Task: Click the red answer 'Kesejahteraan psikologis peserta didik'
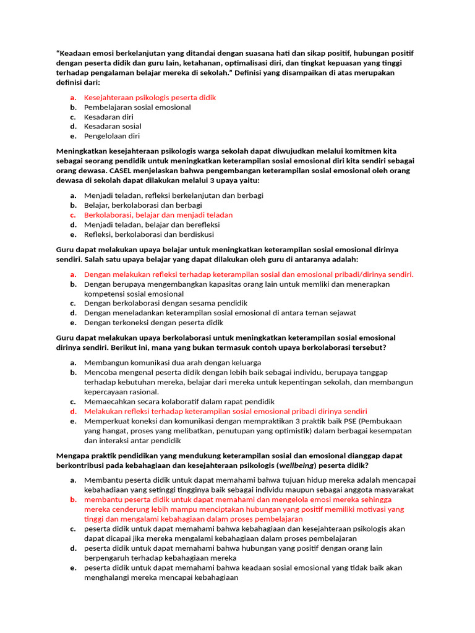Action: click(150, 98)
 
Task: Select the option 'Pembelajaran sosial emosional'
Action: click(137, 107)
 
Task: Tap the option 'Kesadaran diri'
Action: click(108, 117)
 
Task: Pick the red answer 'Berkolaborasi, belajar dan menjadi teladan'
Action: click(158, 215)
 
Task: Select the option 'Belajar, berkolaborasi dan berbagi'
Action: click(143, 205)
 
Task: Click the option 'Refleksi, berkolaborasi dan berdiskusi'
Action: click(149, 234)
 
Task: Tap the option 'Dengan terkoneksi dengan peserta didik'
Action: click(153, 322)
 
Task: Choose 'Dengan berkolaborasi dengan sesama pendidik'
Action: click(165, 303)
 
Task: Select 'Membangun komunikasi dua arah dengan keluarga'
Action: click(172, 362)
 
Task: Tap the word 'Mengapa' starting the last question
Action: click(73, 456)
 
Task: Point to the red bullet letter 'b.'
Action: click(72, 499)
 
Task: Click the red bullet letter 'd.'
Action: click(72, 411)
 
